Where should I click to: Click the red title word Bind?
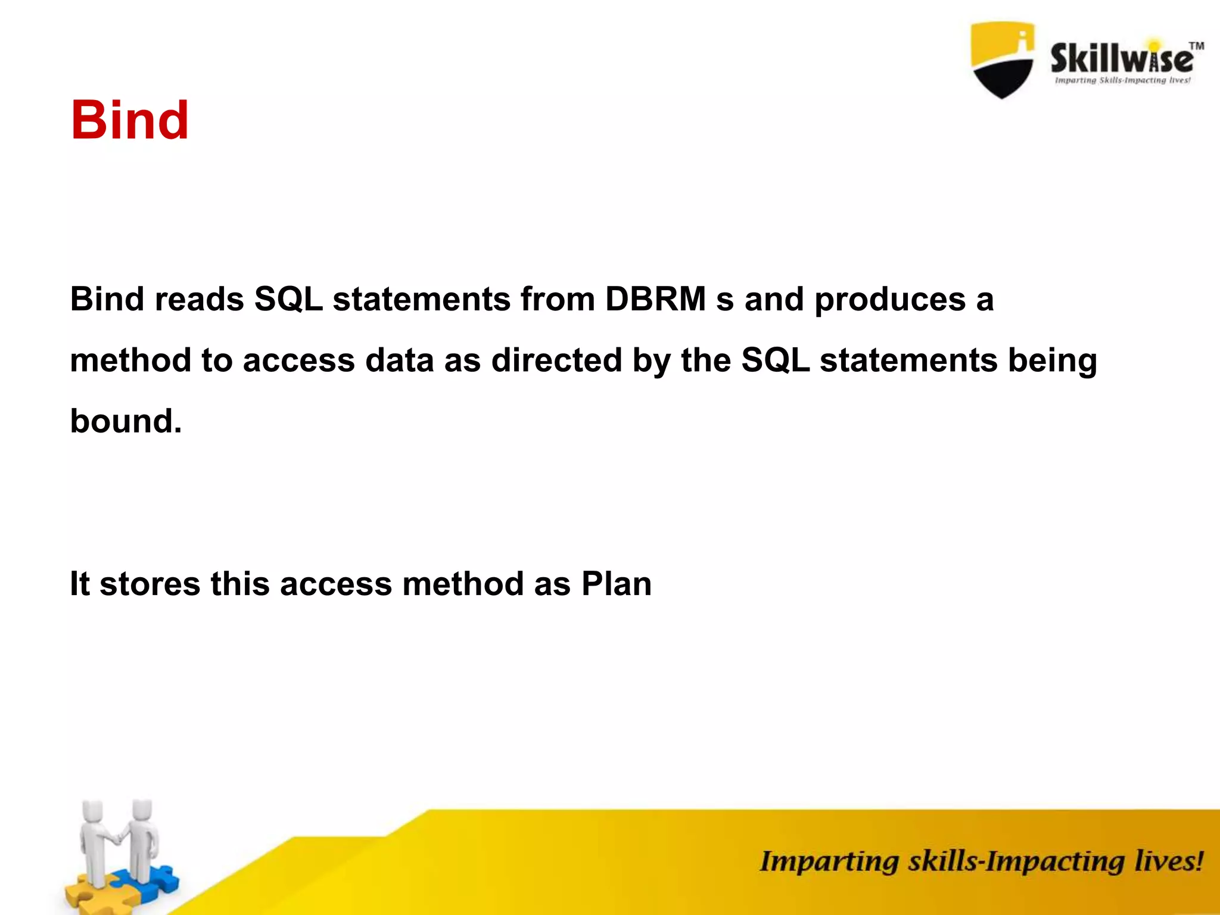(x=129, y=120)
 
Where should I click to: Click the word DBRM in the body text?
(x=655, y=298)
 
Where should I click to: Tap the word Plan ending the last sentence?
(x=616, y=583)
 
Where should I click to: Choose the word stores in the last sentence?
(x=150, y=584)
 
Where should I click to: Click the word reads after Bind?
(x=200, y=298)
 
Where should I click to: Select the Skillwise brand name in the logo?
(x=1121, y=59)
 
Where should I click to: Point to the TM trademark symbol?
(x=1196, y=46)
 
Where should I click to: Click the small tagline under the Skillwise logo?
(x=1122, y=80)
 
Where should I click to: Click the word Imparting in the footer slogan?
(x=829, y=862)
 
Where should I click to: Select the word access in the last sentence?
(x=335, y=584)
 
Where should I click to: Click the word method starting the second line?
(x=130, y=360)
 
